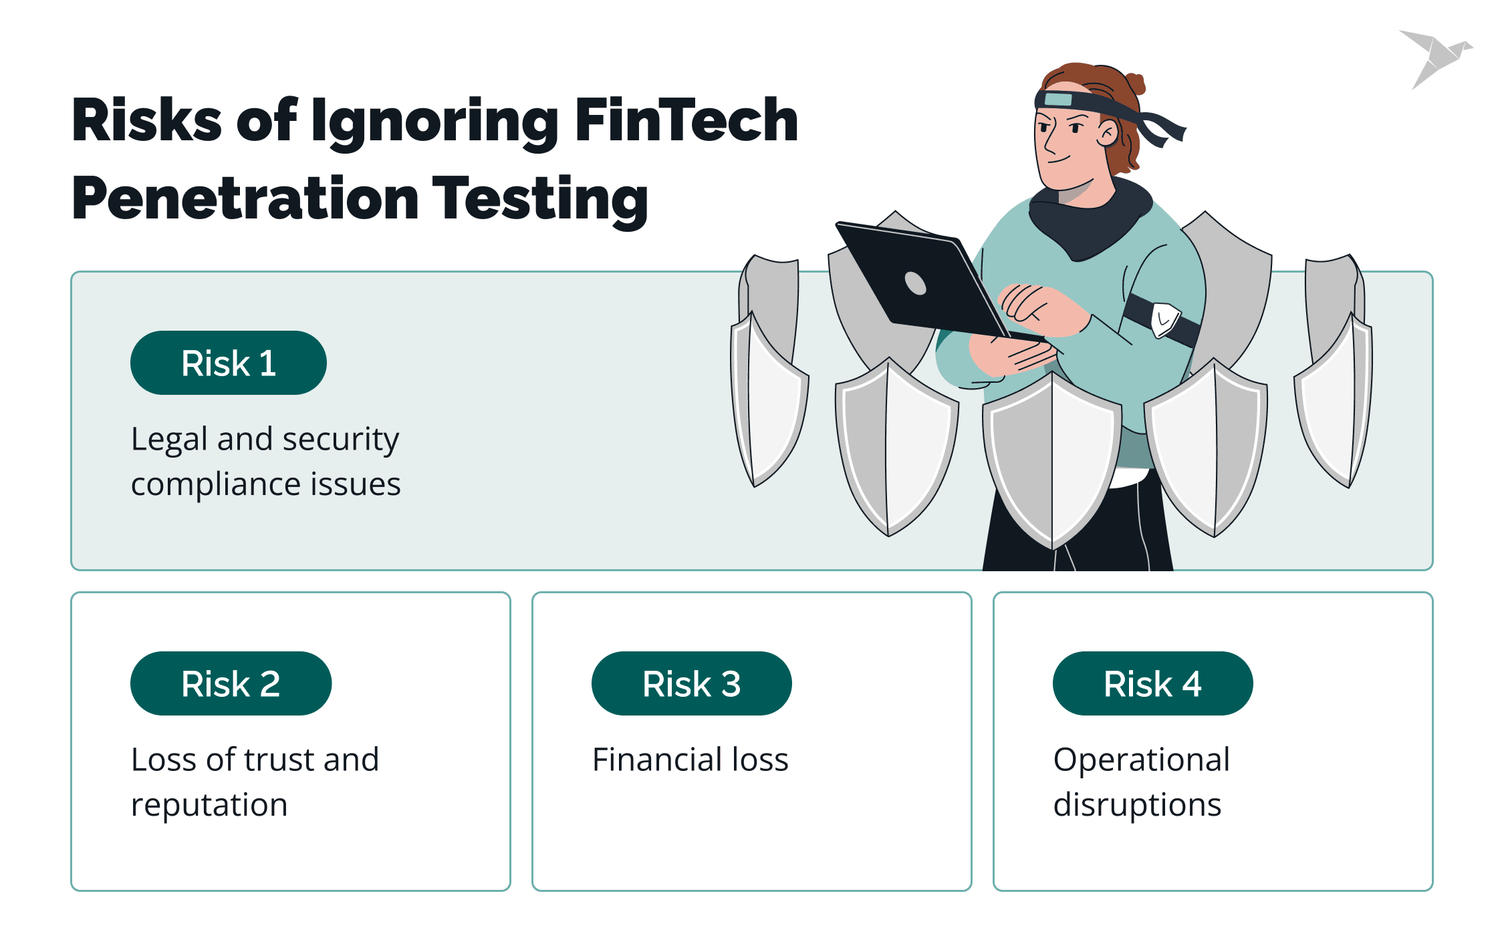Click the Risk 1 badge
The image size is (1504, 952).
coord(228,363)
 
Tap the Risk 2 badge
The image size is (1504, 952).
coord(231,683)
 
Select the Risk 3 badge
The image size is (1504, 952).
coord(691,683)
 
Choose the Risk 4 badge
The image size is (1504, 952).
coord(1152,683)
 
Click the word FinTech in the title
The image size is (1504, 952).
coord(686,120)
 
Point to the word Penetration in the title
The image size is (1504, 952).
coord(245,198)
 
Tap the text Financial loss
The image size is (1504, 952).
coord(690,760)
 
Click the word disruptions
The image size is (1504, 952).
coord(1137,805)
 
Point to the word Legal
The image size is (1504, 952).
coord(170,440)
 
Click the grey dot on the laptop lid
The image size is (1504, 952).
coord(915,283)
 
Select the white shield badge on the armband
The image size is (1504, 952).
coord(1165,319)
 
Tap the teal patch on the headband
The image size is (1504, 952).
coord(1058,100)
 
